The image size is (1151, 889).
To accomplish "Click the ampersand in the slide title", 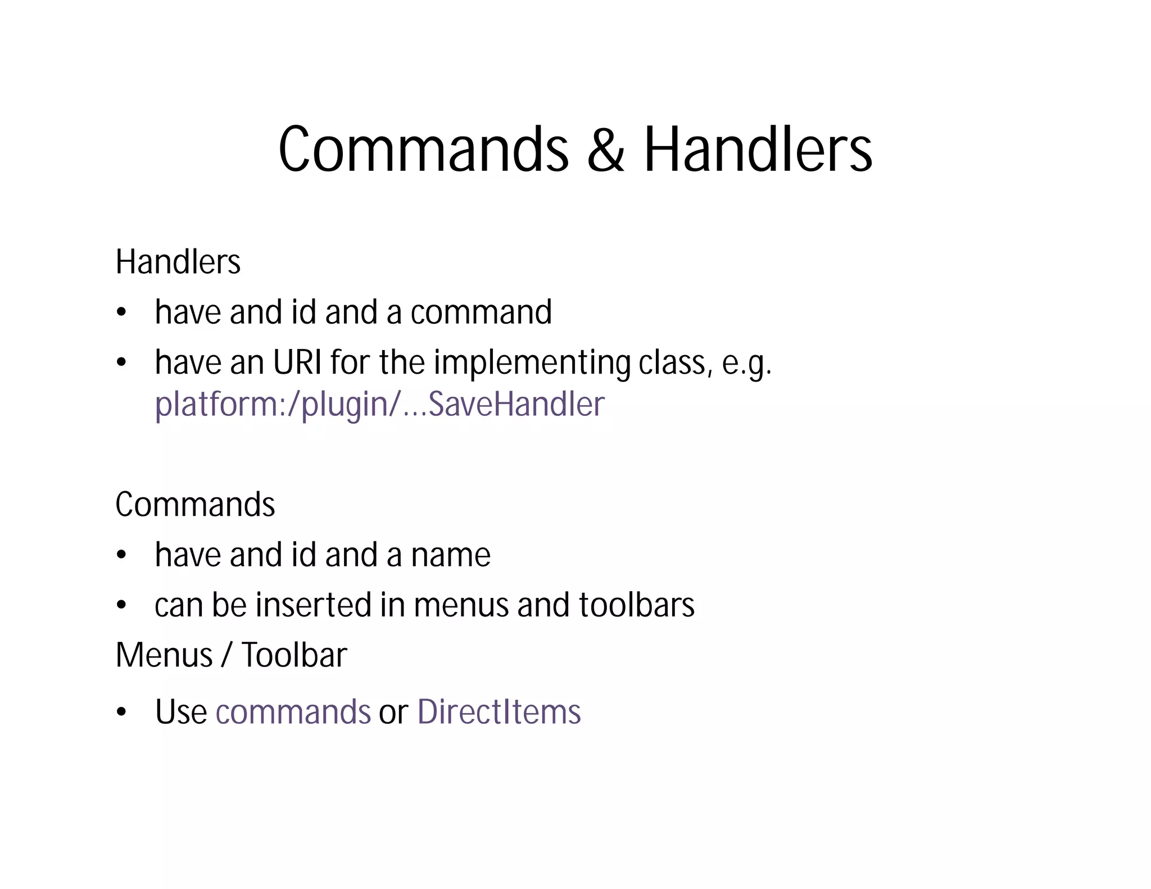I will click(x=606, y=149).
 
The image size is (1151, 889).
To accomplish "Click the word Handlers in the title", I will click(x=758, y=149).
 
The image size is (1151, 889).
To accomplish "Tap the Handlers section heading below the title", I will click(x=178, y=262).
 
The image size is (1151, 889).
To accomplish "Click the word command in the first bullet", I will click(x=481, y=312).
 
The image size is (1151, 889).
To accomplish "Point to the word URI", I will click(x=297, y=362).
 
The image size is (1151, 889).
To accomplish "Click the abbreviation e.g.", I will click(x=747, y=364).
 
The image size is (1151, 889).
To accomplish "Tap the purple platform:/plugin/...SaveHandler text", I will click(x=379, y=405).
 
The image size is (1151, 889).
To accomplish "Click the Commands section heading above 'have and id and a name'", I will click(x=195, y=504).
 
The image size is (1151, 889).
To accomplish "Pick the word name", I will click(x=451, y=555).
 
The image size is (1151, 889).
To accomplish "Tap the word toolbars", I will click(x=637, y=605).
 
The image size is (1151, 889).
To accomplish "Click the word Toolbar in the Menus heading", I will click(x=294, y=655).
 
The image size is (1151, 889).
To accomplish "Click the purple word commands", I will click(x=293, y=712).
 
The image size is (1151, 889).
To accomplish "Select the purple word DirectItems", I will click(x=499, y=712).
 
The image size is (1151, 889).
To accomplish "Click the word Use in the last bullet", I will click(x=181, y=712).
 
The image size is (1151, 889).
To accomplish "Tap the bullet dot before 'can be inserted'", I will click(x=121, y=606).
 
